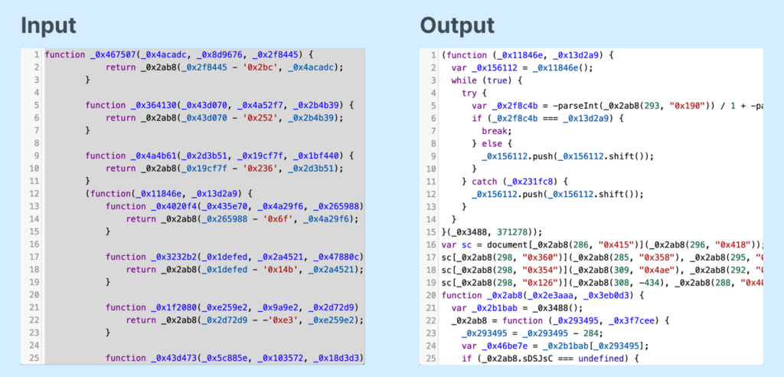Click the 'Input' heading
48,25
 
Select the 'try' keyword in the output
469,93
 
